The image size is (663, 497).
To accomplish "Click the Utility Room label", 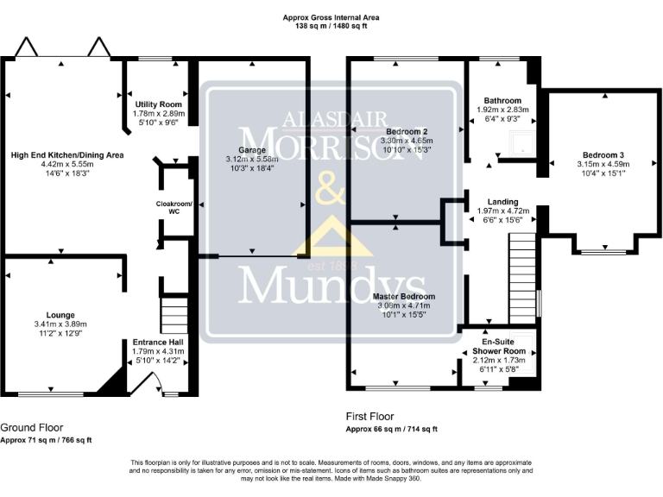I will point(158,104).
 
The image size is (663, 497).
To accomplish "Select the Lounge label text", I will point(60,315).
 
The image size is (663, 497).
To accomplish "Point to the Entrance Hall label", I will point(155,341).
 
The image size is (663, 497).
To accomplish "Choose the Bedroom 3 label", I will point(600,154).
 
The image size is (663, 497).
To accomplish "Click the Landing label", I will point(502,201).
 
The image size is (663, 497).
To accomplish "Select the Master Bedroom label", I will point(404,296).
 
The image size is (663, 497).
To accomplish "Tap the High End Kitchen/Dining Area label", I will point(67,154).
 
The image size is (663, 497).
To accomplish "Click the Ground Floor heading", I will point(32,427).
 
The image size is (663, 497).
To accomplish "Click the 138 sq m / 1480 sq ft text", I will point(331,28).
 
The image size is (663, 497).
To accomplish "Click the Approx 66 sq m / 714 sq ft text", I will point(391,429).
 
